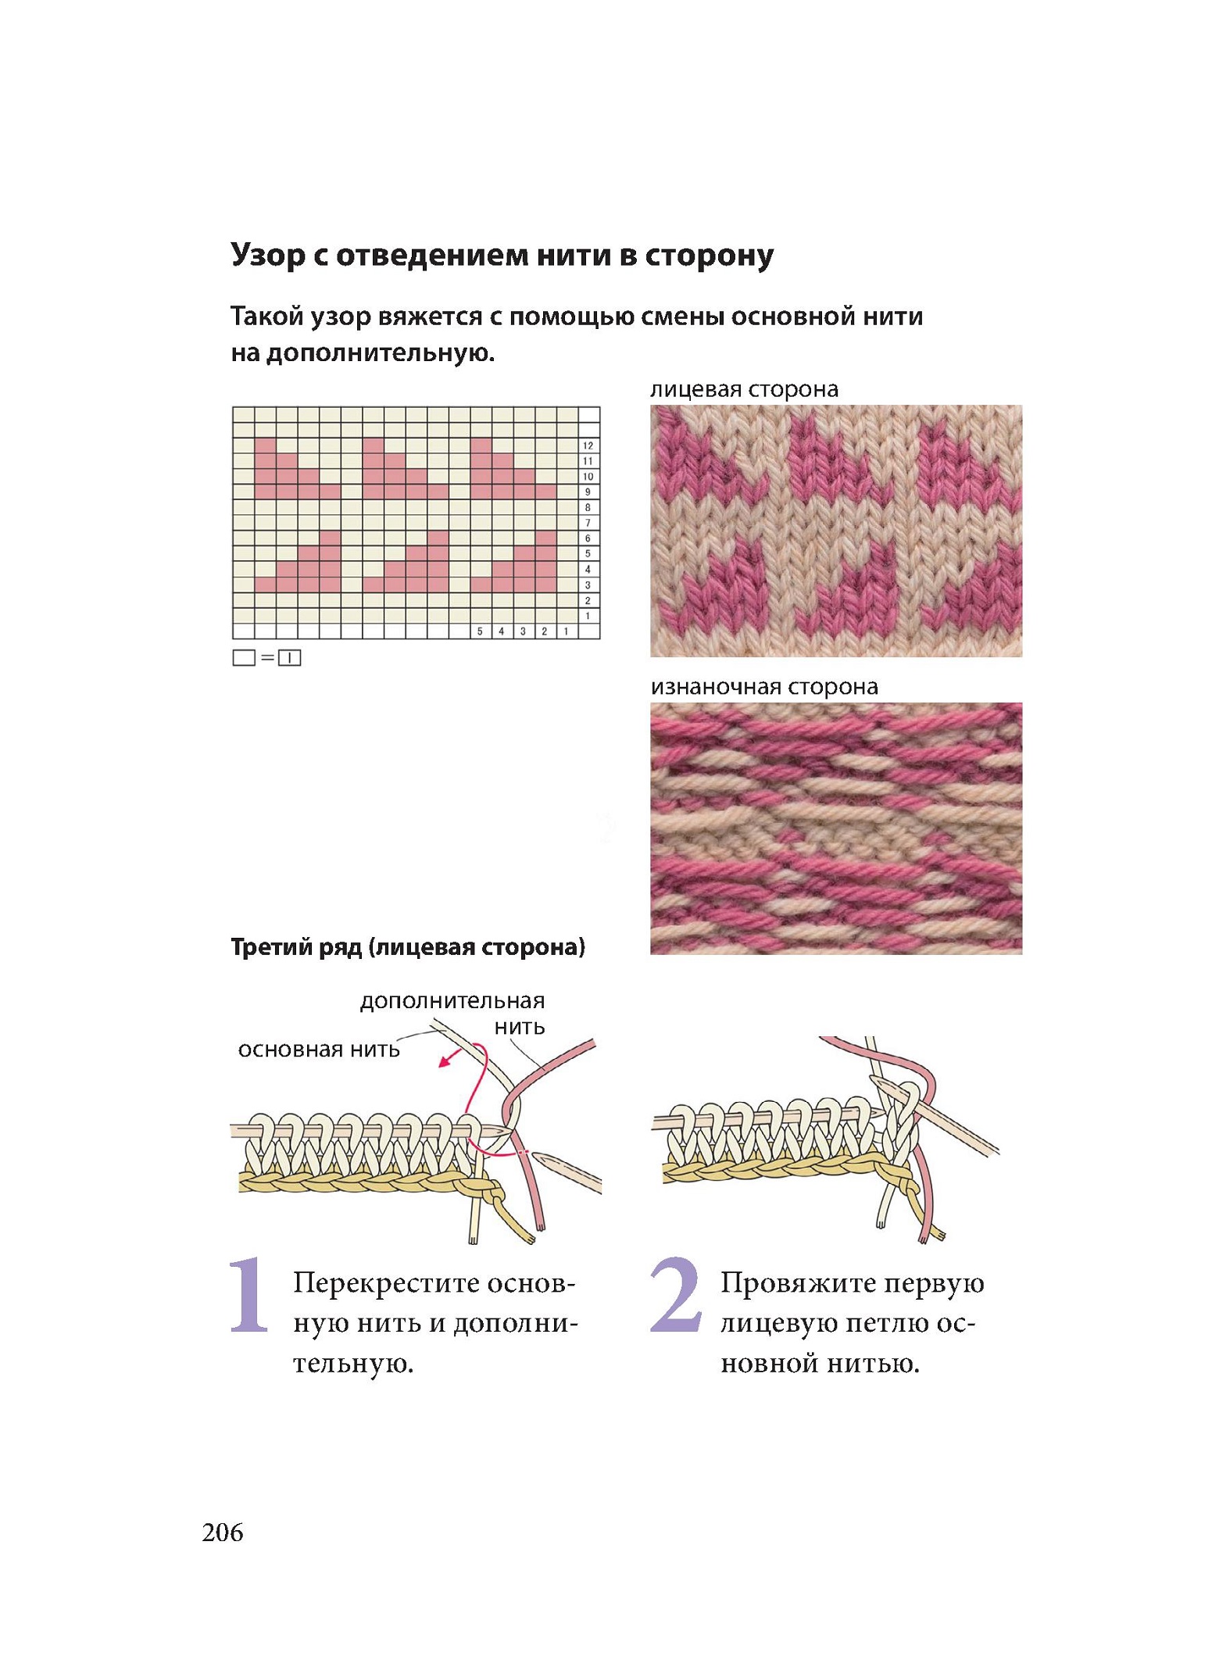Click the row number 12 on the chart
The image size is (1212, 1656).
click(x=588, y=445)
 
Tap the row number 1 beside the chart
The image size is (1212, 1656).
click(x=588, y=616)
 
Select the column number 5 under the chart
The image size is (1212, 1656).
click(x=480, y=631)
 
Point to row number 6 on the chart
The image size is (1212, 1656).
click(x=588, y=538)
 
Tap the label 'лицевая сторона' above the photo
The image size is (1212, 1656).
click(x=744, y=389)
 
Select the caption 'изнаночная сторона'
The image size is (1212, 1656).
click(x=764, y=686)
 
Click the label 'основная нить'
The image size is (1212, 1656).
click(x=319, y=1049)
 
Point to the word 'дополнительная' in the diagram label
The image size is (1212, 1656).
click(x=452, y=1002)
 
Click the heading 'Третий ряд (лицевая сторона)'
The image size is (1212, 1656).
click(x=408, y=947)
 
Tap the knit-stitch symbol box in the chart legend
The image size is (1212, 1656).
click(x=290, y=658)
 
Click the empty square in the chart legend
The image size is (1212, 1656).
click(x=244, y=658)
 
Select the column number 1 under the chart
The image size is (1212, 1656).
click(x=566, y=631)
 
